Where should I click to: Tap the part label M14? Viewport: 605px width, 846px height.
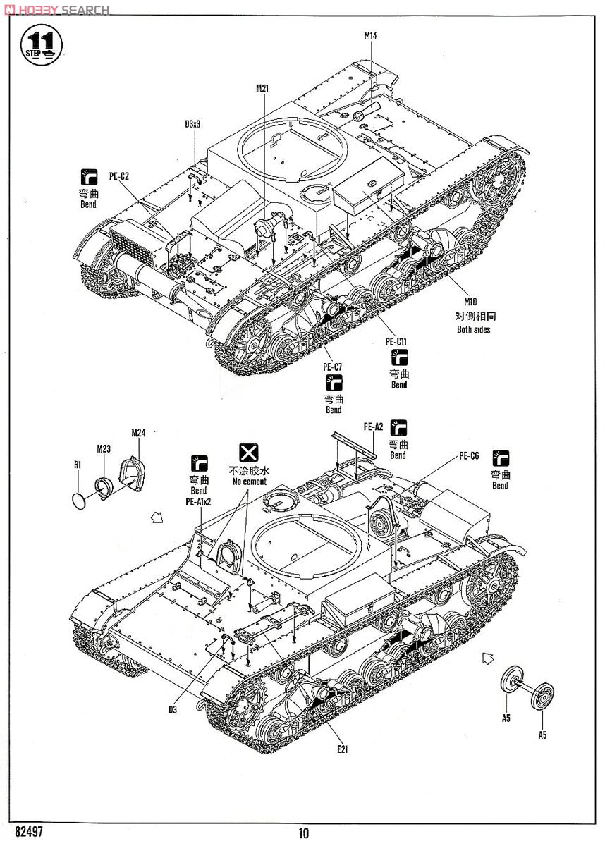[x=371, y=35]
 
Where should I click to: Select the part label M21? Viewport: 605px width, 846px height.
[x=262, y=88]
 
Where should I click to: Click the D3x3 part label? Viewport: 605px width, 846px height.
[x=193, y=124]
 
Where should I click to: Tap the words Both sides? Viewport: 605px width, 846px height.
[x=472, y=329]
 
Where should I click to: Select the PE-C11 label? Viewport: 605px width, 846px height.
[x=398, y=342]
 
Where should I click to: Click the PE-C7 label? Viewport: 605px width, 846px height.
[x=333, y=367]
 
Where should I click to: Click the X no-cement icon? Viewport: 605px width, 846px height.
[x=247, y=453]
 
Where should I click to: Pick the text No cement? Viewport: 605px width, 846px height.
[x=247, y=482]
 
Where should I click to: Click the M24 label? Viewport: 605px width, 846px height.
[x=137, y=433]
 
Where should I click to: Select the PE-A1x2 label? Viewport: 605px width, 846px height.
[x=198, y=502]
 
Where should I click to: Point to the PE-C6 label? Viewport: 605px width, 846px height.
[x=469, y=456]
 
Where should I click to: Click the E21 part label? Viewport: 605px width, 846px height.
[x=342, y=749]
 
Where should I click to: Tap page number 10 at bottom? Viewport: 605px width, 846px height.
[x=303, y=833]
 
